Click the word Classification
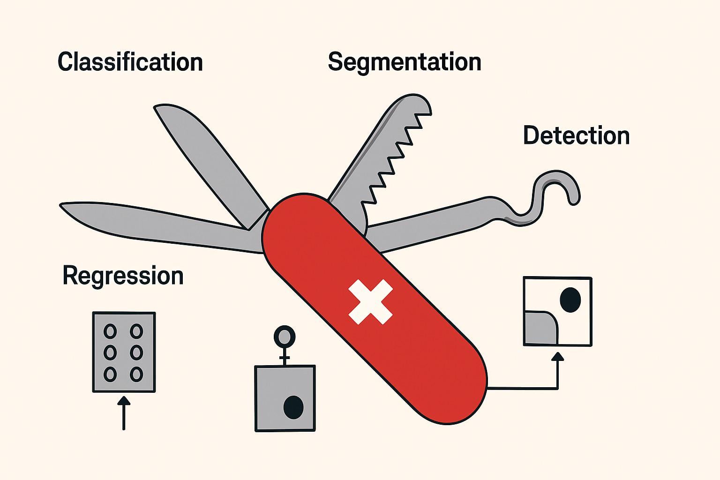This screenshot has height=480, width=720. [130, 62]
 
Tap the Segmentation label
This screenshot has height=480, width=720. [404, 62]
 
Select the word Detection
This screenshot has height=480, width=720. [576, 136]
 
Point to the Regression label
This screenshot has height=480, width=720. [123, 276]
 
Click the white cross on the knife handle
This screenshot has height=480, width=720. [370, 302]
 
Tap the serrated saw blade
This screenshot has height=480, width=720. [384, 150]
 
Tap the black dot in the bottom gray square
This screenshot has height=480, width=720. [294, 407]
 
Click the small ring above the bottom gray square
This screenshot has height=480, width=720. [284, 336]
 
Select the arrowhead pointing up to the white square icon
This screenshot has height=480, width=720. [557, 357]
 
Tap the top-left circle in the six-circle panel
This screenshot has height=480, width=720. [110, 331]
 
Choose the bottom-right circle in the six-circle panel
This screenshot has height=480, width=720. [136, 374]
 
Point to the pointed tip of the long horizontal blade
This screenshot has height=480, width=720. [63, 206]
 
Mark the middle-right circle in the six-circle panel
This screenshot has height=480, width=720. [136, 352]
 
